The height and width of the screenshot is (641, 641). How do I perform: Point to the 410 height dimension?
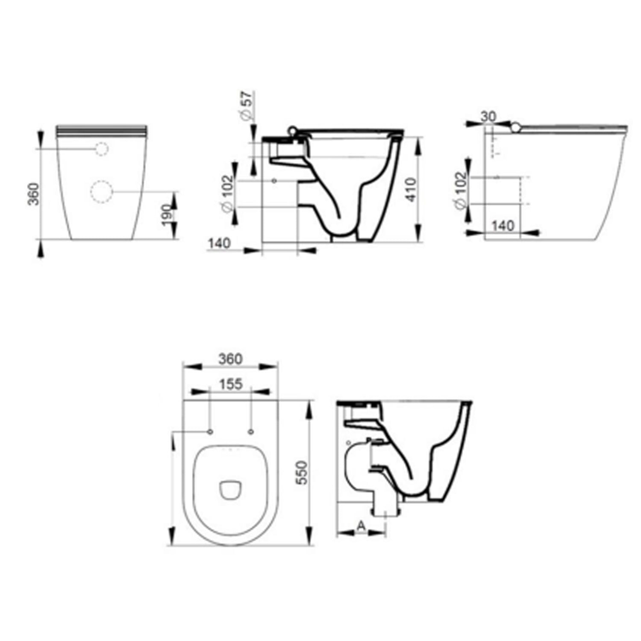point(410,190)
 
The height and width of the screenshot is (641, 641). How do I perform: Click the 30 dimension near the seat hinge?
point(488,116)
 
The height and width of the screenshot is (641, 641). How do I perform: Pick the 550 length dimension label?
point(302,472)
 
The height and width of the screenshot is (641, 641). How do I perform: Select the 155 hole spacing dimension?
point(231,384)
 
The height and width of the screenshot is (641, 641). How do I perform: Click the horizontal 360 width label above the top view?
point(231,359)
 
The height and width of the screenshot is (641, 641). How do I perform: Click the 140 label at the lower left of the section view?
point(220,243)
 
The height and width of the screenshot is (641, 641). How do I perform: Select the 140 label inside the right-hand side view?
point(503,225)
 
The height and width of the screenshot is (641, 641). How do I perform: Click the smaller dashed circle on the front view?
point(102,148)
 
